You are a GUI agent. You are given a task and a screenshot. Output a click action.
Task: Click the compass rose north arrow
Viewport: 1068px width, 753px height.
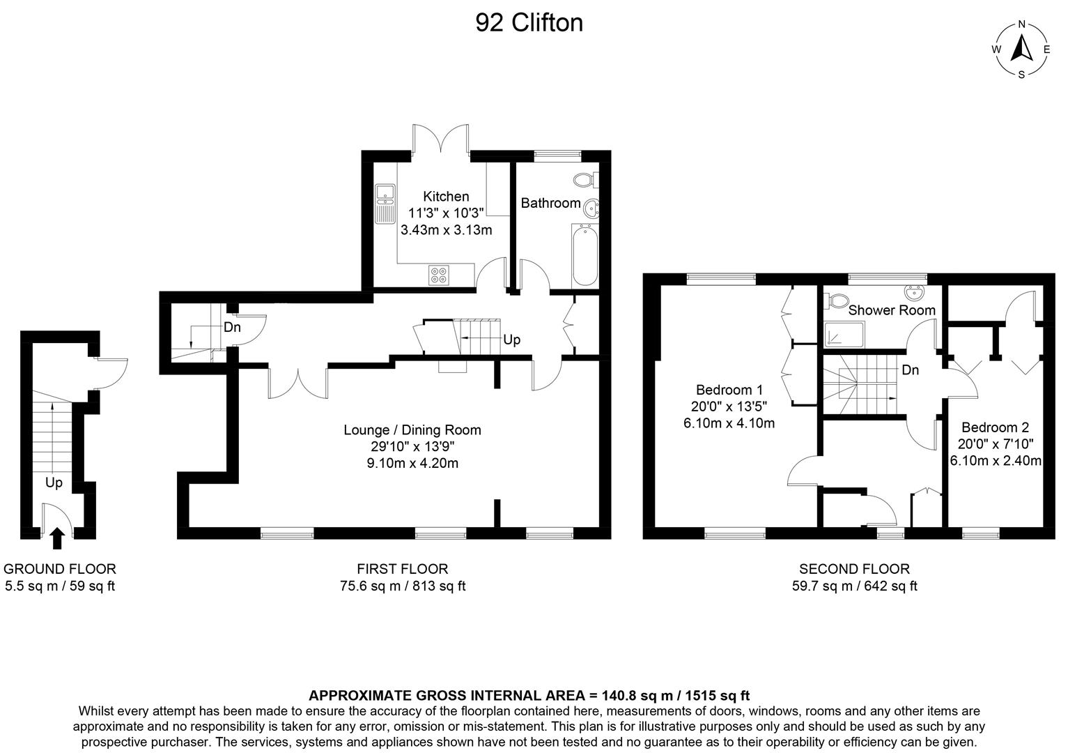[x=1021, y=50]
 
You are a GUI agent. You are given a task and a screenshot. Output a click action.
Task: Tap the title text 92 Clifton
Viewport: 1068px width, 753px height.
[x=529, y=23]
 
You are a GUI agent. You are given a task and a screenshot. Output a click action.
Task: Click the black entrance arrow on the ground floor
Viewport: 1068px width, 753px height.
[x=58, y=538]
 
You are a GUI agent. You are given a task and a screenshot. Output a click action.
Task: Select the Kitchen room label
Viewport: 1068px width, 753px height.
[x=446, y=197]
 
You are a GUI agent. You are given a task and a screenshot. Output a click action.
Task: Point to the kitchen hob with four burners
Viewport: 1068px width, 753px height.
[x=439, y=275]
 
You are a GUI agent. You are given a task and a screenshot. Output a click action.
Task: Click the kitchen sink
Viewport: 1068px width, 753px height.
[x=385, y=202]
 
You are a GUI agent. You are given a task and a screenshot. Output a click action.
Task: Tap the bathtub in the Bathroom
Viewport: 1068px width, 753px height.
[x=585, y=255]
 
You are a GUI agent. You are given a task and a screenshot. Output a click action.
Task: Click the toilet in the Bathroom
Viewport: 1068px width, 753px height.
[x=585, y=179]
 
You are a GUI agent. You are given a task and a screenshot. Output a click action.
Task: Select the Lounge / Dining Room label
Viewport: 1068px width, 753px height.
[x=412, y=430]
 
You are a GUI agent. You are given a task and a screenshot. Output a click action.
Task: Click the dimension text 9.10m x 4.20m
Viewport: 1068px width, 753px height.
[x=412, y=463]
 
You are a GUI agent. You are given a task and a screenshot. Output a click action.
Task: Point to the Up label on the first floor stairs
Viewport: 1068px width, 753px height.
[x=511, y=340]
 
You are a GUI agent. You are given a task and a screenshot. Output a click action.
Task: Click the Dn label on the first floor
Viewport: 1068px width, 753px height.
[x=232, y=326]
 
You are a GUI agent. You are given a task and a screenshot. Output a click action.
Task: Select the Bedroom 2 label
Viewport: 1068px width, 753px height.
[x=995, y=427]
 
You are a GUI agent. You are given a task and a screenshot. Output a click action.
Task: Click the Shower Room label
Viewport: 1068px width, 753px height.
[x=892, y=310]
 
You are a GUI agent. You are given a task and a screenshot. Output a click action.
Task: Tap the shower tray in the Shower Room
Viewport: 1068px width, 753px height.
[x=844, y=335]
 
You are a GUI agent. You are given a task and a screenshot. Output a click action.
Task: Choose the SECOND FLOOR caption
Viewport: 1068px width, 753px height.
[x=854, y=569]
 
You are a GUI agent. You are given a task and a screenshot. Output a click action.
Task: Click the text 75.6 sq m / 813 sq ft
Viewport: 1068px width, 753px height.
[x=403, y=586]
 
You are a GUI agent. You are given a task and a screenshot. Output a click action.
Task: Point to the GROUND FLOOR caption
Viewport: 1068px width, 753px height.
[x=60, y=569]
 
